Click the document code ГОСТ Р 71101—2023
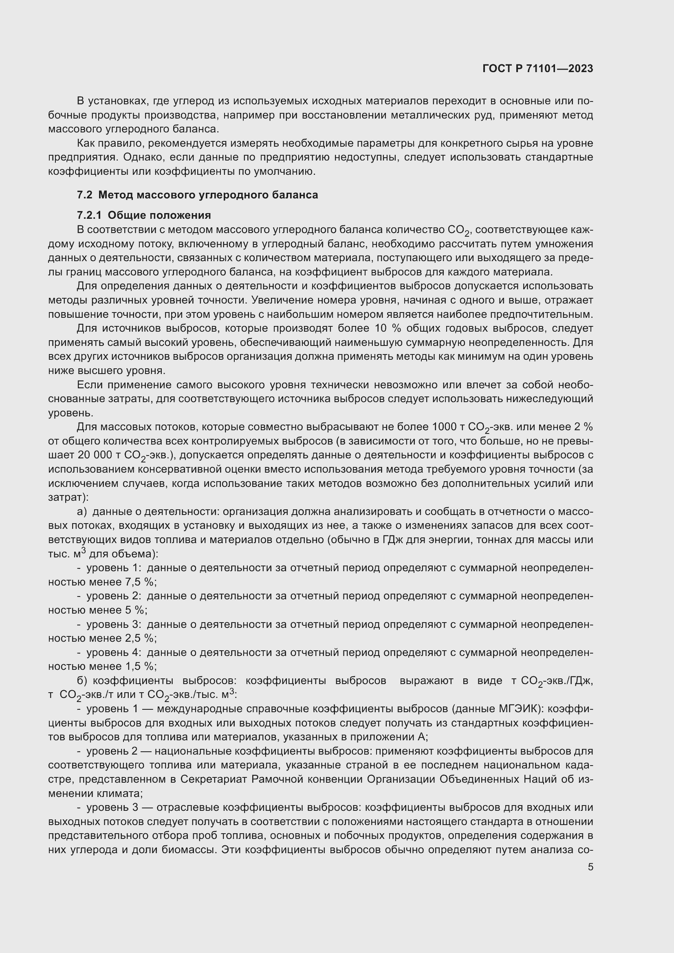pyautogui.click(x=537, y=69)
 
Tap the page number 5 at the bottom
pyautogui.click(x=590, y=867)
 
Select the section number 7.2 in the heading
pyautogui.click(x=85, y=195)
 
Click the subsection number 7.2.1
pyautogui.click(x=89, y=216)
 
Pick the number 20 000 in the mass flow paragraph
pyautogui.click(x=95, y=455)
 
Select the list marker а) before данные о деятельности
pyautogui.click(x=82, y=512)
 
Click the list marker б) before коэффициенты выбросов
pyautogui.click(x=82, y=681)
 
